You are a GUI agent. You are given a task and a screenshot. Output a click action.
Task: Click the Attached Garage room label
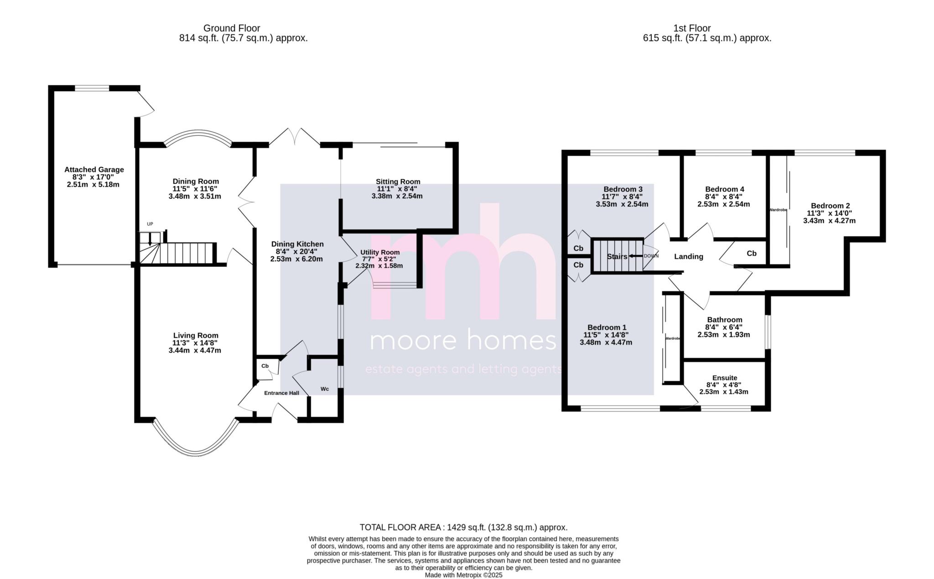pos(94,170)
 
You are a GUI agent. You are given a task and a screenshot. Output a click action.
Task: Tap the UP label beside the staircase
pos(150,224)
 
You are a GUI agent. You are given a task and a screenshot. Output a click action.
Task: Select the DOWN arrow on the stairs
pos(636,256)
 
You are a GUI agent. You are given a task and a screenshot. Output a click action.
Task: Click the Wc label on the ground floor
pos(325,389)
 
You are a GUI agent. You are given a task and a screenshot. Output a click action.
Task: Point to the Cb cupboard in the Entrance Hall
pos(265,366)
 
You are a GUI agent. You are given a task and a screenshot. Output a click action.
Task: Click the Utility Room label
pos(380,252)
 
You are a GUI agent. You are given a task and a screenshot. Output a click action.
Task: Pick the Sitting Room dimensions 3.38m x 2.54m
pos(397,196)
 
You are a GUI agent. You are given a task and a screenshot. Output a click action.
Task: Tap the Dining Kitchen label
pos(297,244)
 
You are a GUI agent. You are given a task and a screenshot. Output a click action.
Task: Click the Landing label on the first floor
pos(689,257)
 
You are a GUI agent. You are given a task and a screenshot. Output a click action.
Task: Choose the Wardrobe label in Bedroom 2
pos(778,210)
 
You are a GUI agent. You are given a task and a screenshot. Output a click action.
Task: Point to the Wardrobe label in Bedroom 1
pos(673,339)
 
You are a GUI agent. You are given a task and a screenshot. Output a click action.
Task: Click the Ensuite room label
pos(725,378)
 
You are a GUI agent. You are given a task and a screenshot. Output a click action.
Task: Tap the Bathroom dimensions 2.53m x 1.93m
pos(724,335)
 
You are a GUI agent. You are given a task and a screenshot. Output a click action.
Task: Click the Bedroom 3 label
pos(623,189)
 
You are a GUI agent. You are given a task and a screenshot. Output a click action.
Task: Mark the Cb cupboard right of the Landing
pos(752,253)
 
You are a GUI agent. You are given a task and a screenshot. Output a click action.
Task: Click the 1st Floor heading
pos(692,28)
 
